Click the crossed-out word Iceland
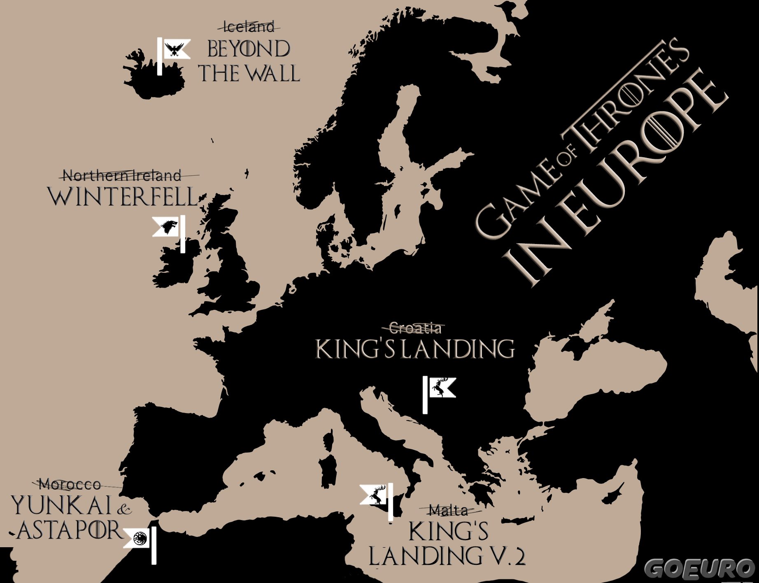249,27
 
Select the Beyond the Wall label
249,61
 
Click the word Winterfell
123,197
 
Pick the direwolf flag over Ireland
167,227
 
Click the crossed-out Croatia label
415,328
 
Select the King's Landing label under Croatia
415,349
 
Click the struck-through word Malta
449,511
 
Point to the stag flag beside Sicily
375,494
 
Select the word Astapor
69,530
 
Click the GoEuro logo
700,569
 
